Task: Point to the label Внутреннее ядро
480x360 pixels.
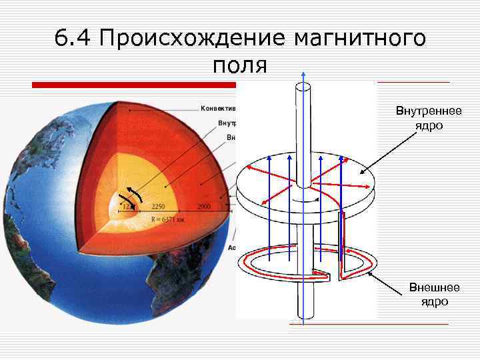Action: pyautogui.click(x=428, y=117)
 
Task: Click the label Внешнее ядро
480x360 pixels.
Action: pyautogui.click(x=433, y=294)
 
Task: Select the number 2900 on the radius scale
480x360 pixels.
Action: pyautogui.click(x=204, y=207)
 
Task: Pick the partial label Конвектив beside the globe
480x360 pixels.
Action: pyautogui.click(x=219, y=107)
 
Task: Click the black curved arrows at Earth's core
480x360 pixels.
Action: pyautogui.click(x=130, y=198)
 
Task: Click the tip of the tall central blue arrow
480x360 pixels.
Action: pyautogui.click(x=303, y=73)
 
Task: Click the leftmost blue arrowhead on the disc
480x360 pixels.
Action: pyautogui.click(x=269, y=158)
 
